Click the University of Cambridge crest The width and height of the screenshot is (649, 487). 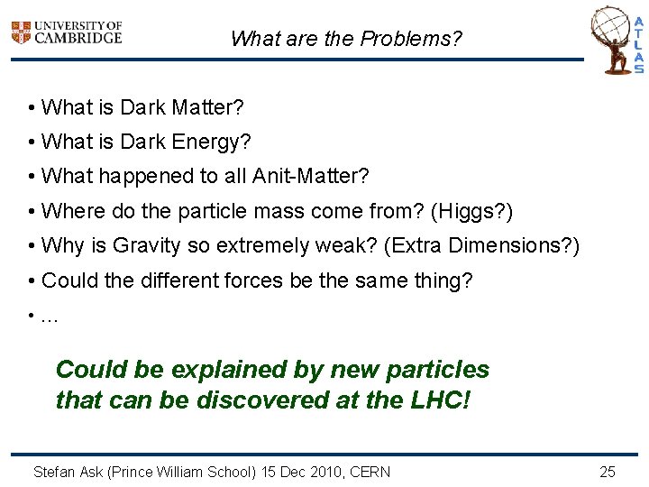pyautogui.click(x=21, y=33)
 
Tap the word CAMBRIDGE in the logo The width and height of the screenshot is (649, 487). pyautogui.click(x=77, y=38)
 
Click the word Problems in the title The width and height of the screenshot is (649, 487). pyautogui.click(x=410, y=39)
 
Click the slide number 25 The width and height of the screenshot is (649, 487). pyautogui.click(x=608, y=472)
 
